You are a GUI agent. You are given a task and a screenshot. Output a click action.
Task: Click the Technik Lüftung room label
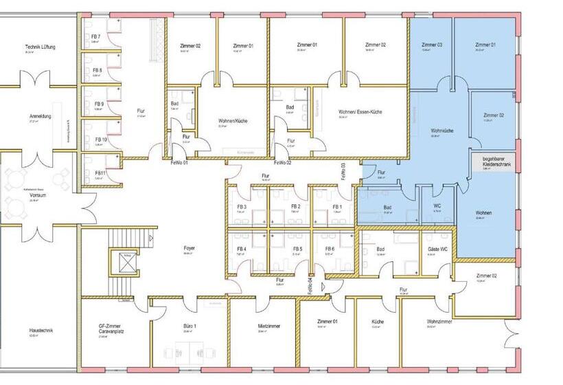coord(40,47)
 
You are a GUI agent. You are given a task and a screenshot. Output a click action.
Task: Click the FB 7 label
coord(95,36)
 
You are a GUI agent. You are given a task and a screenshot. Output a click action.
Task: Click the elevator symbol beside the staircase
coord(125,262)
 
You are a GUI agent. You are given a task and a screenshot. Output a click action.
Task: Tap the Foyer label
coord(189,249)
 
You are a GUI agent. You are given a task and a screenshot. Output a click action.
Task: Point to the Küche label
coord(378,322)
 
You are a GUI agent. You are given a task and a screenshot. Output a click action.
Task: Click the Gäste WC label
coord(438,249)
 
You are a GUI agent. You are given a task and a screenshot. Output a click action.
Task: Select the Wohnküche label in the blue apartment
coord(441,130)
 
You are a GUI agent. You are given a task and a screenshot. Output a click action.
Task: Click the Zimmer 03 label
coord(430,45)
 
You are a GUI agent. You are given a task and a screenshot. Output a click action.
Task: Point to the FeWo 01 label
coord(179,163)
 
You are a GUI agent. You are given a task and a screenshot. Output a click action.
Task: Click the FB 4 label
coord(242,249)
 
